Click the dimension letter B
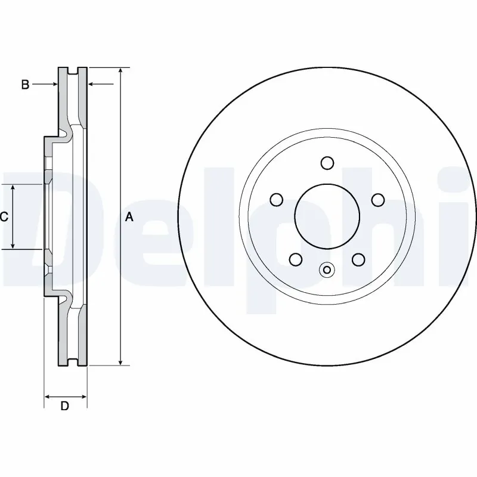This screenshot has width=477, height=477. [25, 85]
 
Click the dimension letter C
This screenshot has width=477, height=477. [4, 217]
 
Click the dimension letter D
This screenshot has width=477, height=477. [66, 407]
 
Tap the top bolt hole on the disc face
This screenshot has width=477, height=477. [326, 163]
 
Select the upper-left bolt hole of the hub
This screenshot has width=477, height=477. [275, 199]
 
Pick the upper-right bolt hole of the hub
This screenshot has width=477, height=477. [377, 199]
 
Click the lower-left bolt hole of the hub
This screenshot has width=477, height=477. [295, 259]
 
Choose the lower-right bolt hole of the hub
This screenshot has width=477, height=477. [358, 259]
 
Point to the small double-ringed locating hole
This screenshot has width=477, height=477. [326, 270]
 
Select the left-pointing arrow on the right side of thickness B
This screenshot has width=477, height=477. [92, 85]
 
